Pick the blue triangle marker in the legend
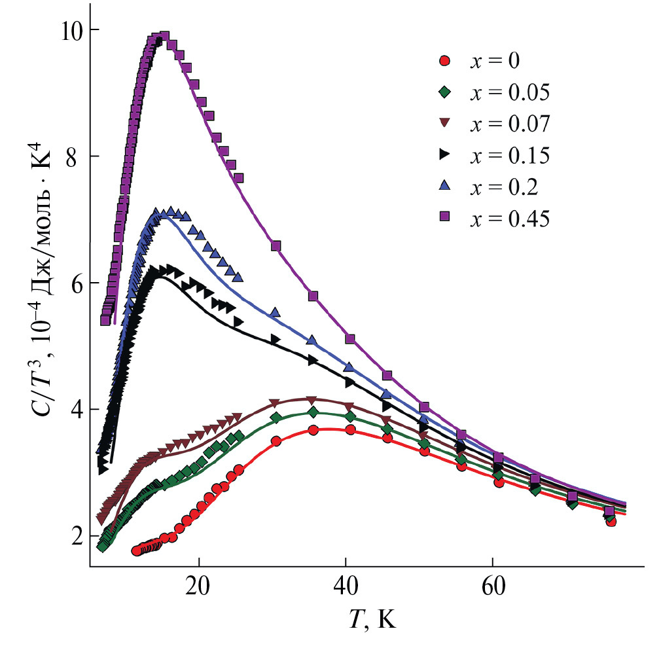click(445, 187)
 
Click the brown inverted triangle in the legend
click(445, 124)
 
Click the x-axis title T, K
click(372, 619)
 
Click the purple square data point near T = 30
click(276, 245)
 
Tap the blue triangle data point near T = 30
click(276, 312)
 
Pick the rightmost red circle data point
click(611, 521)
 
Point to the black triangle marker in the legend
click(445, 156)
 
